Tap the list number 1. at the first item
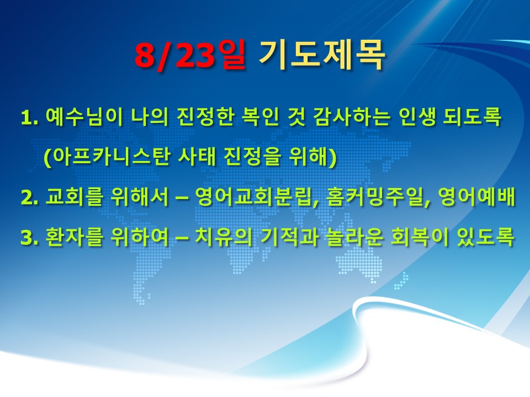tap(29, 118)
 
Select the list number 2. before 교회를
tap(29, 197)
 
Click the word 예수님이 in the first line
tap(84, 117)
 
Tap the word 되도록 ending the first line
tap(473, 117)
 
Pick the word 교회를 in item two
tap(73, 197)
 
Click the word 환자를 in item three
tap(73, 237)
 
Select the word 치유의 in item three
tap(224, 237)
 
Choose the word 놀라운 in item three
tap(355, 237)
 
